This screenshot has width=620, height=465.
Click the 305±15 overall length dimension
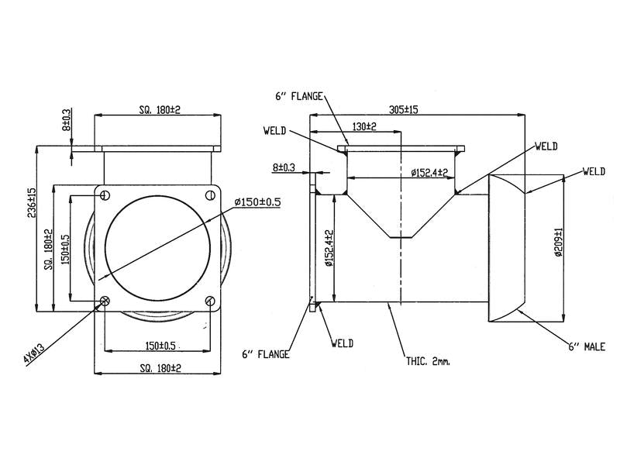403,109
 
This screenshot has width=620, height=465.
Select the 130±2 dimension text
364,126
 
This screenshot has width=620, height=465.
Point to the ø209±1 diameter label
558,242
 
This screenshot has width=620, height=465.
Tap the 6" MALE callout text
587,346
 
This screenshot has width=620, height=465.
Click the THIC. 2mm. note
428,361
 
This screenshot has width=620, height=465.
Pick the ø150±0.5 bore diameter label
257,202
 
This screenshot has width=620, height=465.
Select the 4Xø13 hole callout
34,353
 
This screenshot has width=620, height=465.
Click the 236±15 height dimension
31,202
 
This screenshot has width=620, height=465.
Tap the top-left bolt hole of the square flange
105,195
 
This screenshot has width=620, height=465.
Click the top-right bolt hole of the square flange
210,195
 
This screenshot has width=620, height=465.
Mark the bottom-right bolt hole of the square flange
210,301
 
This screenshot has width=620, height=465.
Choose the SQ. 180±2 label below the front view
160,368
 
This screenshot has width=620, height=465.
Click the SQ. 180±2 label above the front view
160,109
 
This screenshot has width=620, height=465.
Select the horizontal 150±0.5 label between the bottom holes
160,346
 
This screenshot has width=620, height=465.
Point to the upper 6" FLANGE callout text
299,96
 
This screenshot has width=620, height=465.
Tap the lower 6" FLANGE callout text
266,354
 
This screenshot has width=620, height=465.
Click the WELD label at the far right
594,171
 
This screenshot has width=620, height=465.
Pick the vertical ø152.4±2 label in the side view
329,248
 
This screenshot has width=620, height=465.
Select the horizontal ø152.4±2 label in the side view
429,172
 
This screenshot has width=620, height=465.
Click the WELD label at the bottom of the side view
343,343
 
